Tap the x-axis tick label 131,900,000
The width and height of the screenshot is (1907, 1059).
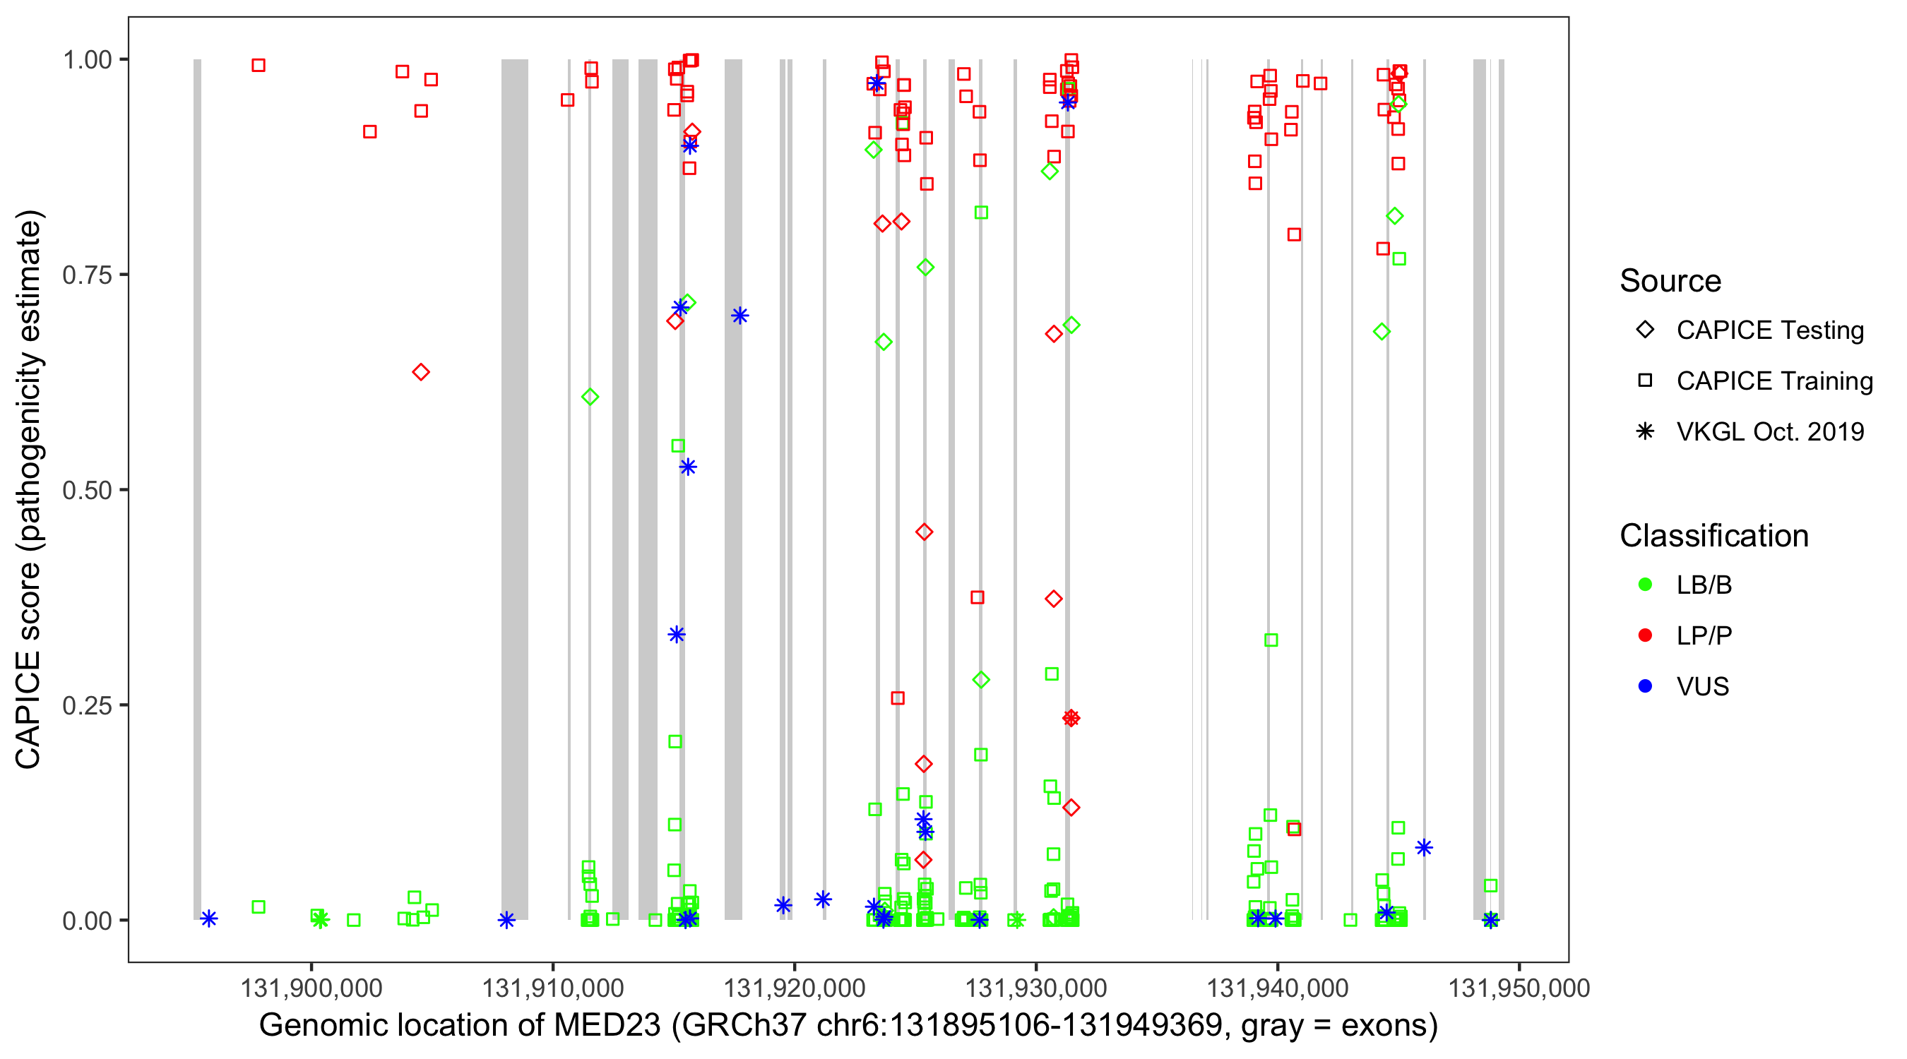[311, 988]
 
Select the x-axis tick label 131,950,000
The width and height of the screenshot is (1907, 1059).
[1519, 988]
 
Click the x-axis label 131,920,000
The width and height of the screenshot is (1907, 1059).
[795, 988]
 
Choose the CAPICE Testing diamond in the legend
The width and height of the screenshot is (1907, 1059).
[1645, 329]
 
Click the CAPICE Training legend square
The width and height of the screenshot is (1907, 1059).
[1645, 381]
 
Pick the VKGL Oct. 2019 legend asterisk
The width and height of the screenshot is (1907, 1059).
[1645, 431]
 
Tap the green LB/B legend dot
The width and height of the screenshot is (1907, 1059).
[1645, 585]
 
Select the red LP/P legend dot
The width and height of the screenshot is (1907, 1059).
[1645, 635]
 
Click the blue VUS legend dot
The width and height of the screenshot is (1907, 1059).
[1645, 686]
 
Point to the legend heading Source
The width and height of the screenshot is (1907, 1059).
[1670, 281]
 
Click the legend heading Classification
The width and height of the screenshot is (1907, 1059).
[1713, 536]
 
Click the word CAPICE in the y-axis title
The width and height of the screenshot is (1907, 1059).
[28, 710]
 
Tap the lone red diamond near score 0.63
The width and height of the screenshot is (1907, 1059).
[420, 372]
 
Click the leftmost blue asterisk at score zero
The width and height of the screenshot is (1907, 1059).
[209, 919]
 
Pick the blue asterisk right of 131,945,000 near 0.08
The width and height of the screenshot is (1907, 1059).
[1424, 848]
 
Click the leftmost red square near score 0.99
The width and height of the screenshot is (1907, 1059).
[259, 65]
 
